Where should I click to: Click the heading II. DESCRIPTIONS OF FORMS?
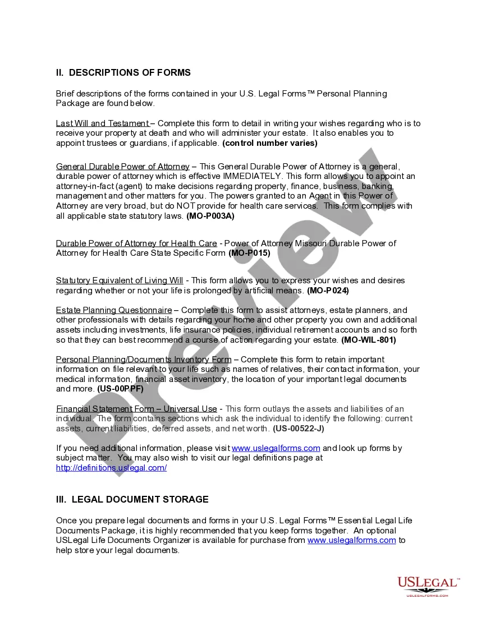pyautogui.click(x=123, y=72)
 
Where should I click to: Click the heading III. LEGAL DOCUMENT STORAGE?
pyautogui.click(x=132, y=499)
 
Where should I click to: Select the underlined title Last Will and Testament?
pyautogui.click(x=102, y=123)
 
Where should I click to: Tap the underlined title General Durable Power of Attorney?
pyautogui.click(x=122, y=167)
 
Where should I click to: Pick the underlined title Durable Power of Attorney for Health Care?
pyautogui.click(x=136, y=243)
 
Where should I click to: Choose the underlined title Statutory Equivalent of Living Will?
pyautogui.click(x=119, y=280)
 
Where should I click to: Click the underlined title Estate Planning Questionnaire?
pyautogui.click(x=113, y=310)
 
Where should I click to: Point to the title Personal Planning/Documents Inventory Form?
pyautogui.click(x=143, y=360)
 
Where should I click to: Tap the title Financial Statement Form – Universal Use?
pyautogui.click(x=136, y=409)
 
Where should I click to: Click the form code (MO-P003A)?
pyautogui.click(x=210, y=216)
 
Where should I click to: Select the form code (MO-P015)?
pyautogui.click(x=249, y=254)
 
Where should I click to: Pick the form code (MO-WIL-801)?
pyautogui.click(x=369, y=340)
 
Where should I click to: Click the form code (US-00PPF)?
pyautogui.click(x=120, y=389)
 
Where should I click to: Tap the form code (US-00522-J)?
pyautogui.click(x=298, y=429)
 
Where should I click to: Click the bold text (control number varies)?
pyautogui.click(x=270, y=143)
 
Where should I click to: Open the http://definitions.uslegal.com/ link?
pyautogui.click(x=111, y=468)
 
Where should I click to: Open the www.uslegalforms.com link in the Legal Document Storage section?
pyautogui.click(x=352, y=540)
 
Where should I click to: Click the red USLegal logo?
pyautogui.click(x=428, y=586)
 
